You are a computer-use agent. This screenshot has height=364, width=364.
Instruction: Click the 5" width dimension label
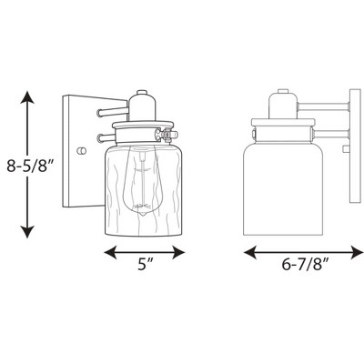tap(145, 265)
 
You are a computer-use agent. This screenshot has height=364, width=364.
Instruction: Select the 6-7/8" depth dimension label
tap(306, 265)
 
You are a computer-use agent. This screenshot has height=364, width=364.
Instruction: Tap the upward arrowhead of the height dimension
tap(27, 97)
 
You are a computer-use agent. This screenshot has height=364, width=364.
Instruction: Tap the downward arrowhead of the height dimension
tap(27, 231)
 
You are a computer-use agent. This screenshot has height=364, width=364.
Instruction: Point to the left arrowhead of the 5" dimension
tap(111, 252)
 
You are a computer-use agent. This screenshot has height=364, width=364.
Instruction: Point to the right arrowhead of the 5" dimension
tap(178, 252)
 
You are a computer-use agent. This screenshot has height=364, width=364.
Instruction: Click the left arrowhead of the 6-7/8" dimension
tap(250, 253)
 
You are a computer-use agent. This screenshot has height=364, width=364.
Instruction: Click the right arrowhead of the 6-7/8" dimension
tap(357, 253)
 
